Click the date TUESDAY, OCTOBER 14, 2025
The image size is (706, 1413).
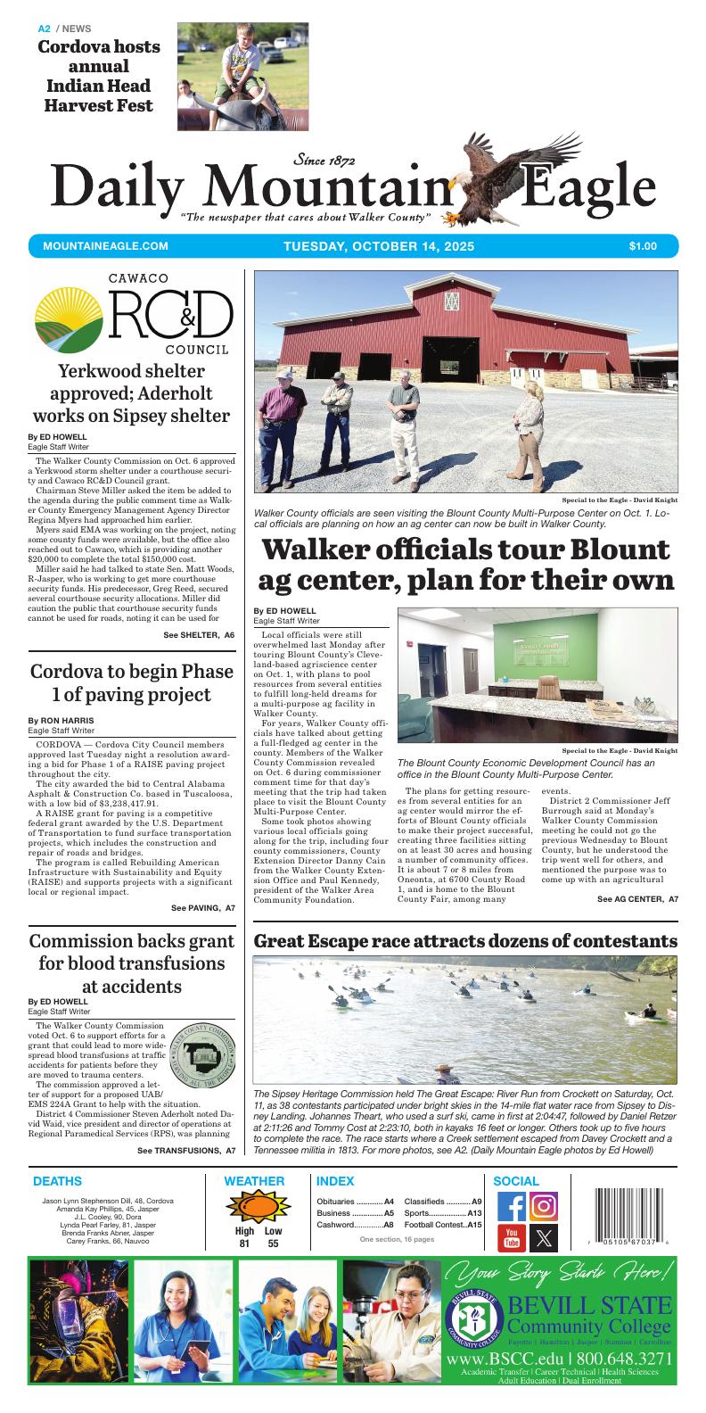379,246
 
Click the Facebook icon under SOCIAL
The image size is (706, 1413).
512,1206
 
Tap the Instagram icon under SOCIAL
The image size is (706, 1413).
544,1206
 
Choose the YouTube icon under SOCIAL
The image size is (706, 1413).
512,1238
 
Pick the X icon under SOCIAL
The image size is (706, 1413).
544,1238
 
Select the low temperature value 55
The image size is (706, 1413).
273,1244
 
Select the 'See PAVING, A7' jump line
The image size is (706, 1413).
202,907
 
